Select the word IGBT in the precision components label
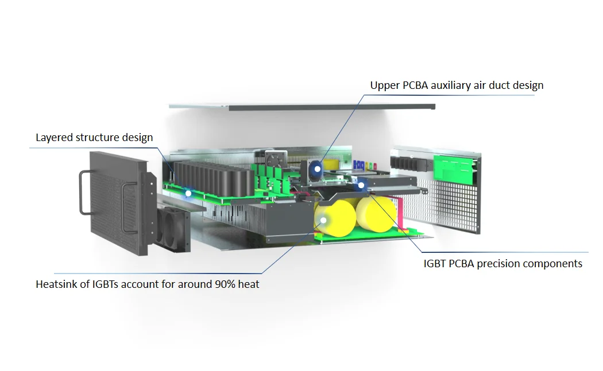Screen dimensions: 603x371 pyautogui.click(x=435, y=264)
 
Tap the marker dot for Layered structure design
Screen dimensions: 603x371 pyautogui.click(x=188, y=194)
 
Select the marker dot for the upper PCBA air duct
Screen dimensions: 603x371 pyautogui.click(x=317, y=169)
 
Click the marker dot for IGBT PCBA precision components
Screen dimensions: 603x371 pyautogui.click(x=361, y=186)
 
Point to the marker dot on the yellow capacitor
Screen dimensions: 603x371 pyautogui.click(x=323, y=220)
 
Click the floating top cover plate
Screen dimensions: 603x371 pyautogui.click(x=302, y=107)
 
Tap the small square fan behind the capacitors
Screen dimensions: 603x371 pyautogui.click(x=276, y=159)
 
